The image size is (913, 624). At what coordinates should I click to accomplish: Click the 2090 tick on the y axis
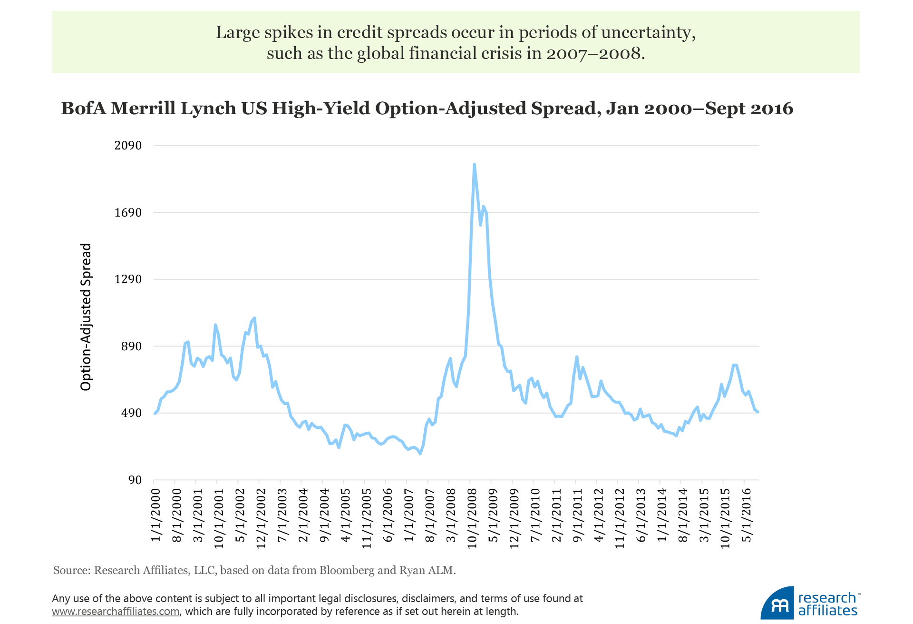coord(128,145)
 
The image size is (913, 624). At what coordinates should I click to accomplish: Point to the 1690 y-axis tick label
coord(128,212)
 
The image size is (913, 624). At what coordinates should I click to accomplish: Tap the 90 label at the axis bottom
coord(135,480)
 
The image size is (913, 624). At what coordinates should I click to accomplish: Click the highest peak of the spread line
coord(474,165)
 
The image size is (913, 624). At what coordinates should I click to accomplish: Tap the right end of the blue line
coord(758,412)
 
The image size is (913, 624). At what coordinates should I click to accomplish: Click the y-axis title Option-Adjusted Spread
coord(86,317)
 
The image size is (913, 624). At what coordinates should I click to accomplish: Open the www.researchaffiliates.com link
coord(116,611)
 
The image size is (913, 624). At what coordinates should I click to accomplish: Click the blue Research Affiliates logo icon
coord(778,604)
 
